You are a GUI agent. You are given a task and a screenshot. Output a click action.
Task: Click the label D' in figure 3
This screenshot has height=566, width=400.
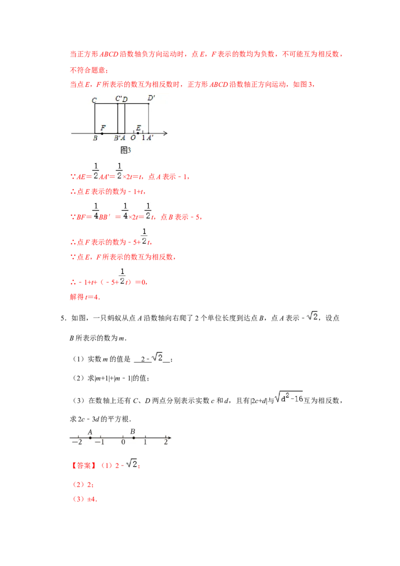pyautogui.click(x=151, y=98)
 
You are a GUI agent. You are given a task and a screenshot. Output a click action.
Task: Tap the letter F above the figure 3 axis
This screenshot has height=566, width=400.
pyautogui.click(x=103, y=128)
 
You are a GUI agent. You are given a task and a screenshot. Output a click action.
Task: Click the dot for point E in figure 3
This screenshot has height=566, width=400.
pyautogui.click(x=138, y=133)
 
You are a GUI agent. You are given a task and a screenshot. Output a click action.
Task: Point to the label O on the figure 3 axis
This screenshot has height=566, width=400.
pyautogui.click(x=133, y=138)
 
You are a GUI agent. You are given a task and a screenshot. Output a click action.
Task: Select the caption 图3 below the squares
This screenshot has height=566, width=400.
pyautogui.click(x=125, y=150)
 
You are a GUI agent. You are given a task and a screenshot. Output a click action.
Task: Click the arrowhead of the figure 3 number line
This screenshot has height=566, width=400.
pyautogui.click(x=165, y=133)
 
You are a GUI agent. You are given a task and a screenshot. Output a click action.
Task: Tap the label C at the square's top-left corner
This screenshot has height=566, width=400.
pyautogui.click(x=94, y=100)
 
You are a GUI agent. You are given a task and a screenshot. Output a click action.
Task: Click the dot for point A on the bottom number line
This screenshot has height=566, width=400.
pyautogui.click(x=90, y=438)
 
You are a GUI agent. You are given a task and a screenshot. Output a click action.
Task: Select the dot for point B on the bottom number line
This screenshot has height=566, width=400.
pyautogui.click(x=133, y=438)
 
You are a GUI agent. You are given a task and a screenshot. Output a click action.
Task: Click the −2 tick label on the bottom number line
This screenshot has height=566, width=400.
pyautogui.click(x=77, y=442)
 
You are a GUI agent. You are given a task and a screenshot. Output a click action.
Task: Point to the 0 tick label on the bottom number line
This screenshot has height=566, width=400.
pyautogui.click(x=123, y=442)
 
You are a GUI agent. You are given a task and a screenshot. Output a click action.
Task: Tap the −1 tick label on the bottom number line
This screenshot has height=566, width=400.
pyautogui.click(x=99, y=442)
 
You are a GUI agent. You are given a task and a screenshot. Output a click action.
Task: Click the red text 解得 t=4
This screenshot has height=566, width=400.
pyautogui.click(x=85, y=297)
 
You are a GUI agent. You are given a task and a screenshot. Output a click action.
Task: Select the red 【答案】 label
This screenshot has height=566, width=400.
pyautogui.click(x=84, y=465)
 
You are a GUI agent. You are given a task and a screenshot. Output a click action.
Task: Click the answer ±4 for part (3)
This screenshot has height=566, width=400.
pyautogui.click(x=92, y=499)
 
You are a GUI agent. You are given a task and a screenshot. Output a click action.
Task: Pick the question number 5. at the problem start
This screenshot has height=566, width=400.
pyautogui.click(x=63, y=318)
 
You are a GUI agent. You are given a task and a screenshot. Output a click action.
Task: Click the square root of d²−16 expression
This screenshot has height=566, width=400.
pyautogui.click(x=289, y=397)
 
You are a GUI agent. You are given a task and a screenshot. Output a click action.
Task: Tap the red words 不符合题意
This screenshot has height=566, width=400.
pyautogui.click(x=88, y=70)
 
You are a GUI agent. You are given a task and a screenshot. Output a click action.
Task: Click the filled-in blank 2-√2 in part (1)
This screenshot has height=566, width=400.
pyautogui.click(x=152, y=357)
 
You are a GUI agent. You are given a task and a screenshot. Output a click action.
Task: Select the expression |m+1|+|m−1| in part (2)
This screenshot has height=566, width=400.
pyautogui.click(x=112, y=378)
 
